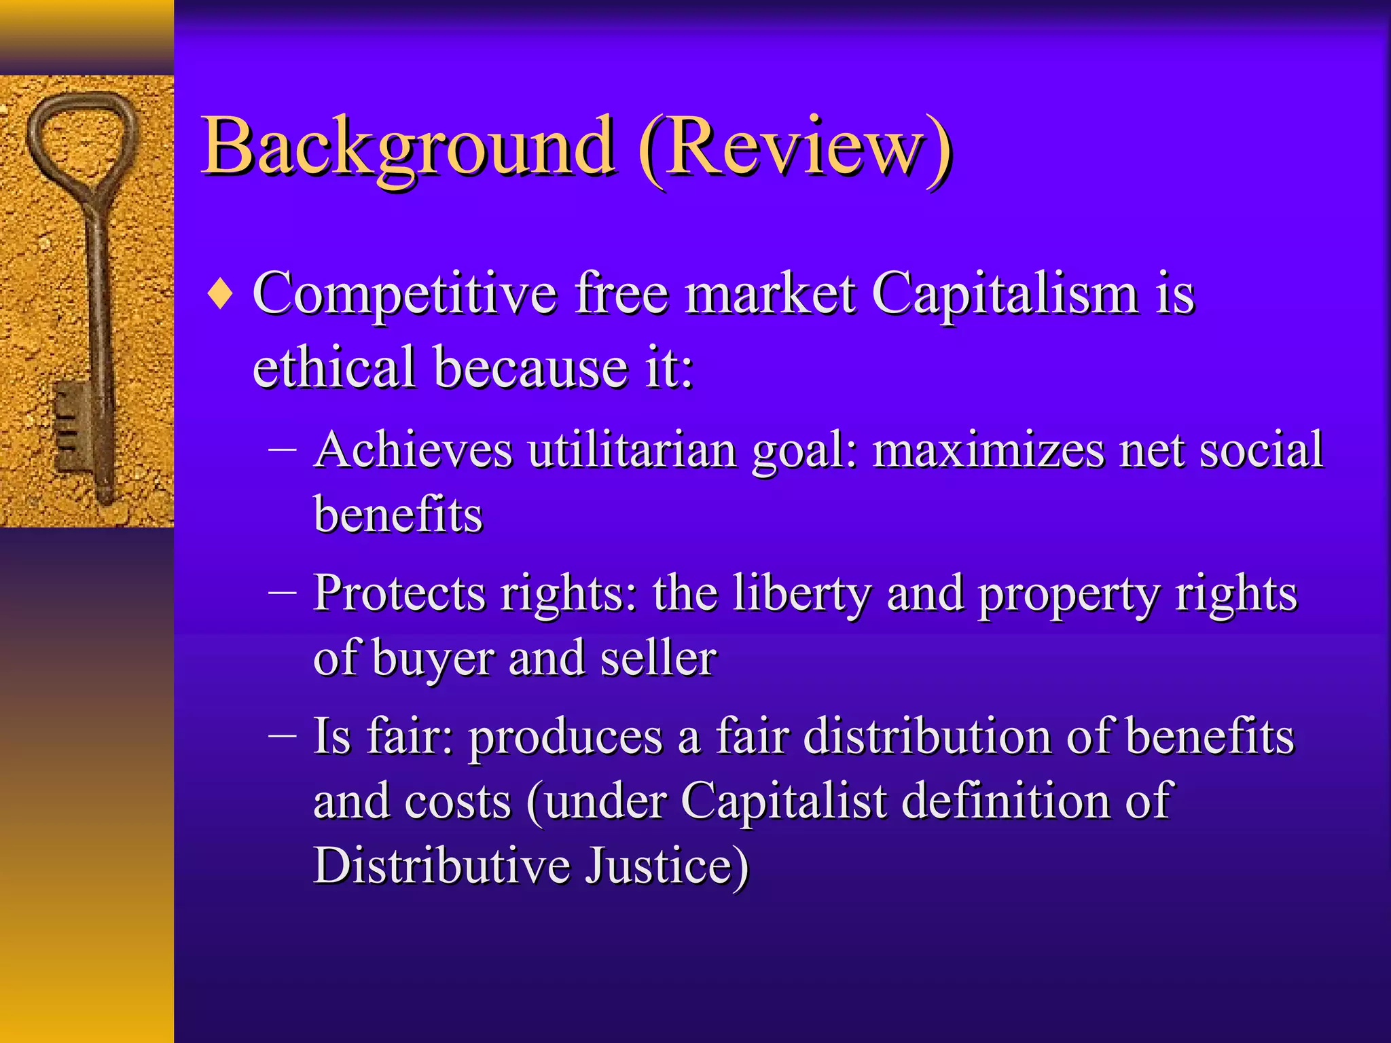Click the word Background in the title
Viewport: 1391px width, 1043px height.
click(x=408, y=146)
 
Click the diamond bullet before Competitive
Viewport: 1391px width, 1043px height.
click(x=221, y=295)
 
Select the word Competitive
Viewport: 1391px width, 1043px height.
click(x=405, y=295)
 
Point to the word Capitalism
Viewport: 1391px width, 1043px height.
click(x=1005, y=295)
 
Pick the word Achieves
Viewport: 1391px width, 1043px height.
click(x=413, y=450)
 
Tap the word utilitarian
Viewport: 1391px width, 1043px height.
click(x=632, y=450)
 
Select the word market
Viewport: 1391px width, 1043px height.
click(x=770, y=295)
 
